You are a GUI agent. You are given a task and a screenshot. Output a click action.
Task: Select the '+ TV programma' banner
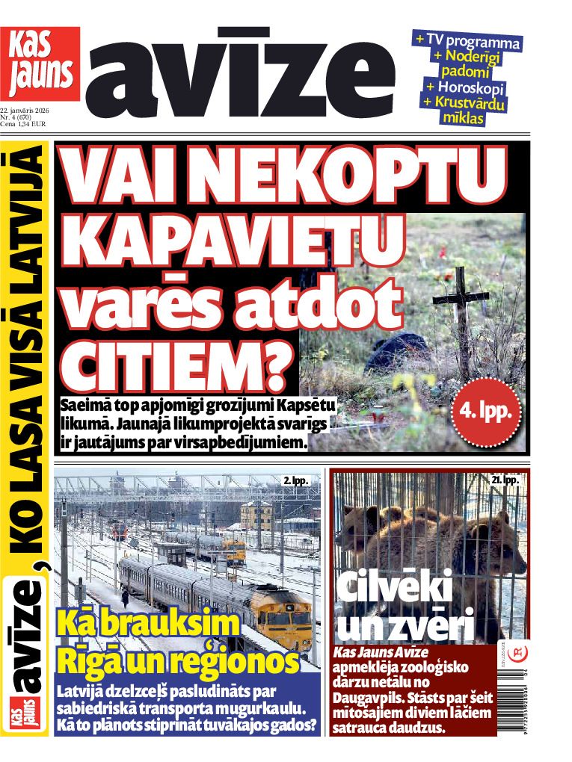[x=468, y=40]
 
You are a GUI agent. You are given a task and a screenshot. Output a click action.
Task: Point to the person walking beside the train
[x=126, y=598]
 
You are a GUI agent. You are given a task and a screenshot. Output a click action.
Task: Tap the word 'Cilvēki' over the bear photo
[x=394, y=588]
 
